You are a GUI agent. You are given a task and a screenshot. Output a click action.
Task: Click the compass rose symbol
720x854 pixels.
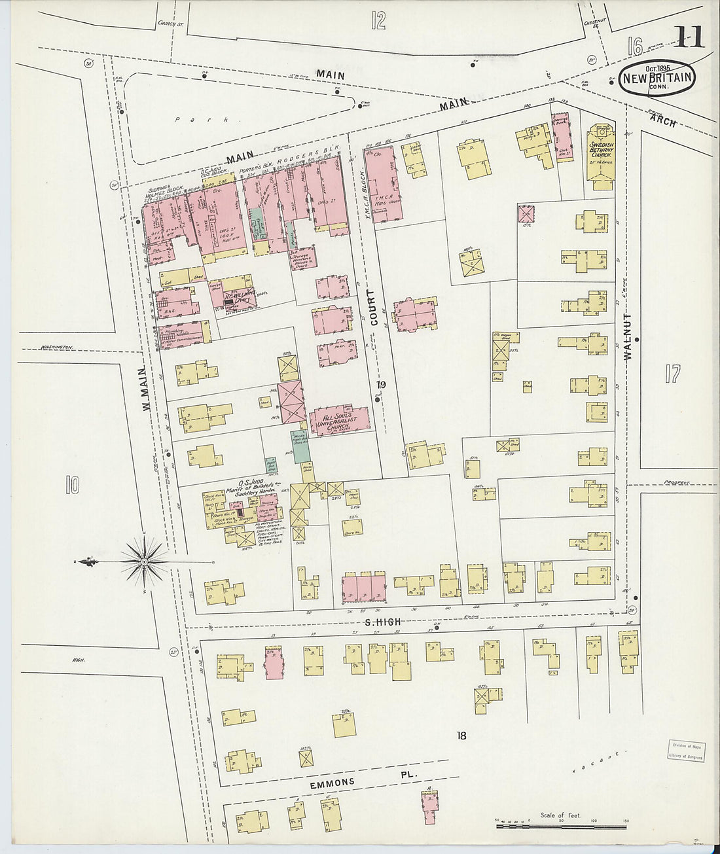[143, 561]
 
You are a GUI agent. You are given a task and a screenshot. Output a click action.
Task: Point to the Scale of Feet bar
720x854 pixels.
[561, 826]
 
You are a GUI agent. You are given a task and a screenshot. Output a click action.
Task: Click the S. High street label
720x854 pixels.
[383, 622]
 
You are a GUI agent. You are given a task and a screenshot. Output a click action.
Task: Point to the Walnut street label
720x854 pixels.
[627, 336]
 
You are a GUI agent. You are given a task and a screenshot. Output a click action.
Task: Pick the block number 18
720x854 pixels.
[461, 736]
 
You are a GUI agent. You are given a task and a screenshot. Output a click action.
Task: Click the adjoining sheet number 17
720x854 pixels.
[672, 374]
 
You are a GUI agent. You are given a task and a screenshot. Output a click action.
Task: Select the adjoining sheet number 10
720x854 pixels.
[71, 485]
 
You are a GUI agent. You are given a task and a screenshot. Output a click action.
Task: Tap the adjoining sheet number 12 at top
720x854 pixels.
[378, 20]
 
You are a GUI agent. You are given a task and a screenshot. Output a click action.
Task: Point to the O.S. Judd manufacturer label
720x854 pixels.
[250, 488]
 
